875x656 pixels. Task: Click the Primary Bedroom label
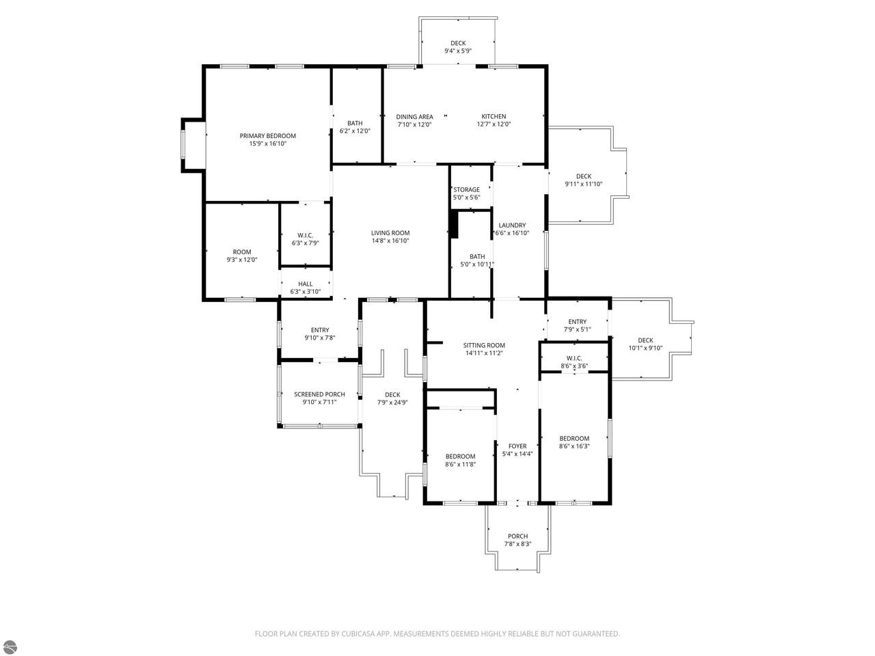[x=267, y=136]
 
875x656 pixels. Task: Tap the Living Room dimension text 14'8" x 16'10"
[x=390, y=241]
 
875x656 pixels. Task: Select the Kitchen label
[x=494, y=116]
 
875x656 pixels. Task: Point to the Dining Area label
[x=414, y=117]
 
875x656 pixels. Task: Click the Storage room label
[x=466, y=189]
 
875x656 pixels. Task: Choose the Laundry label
[x=512, y=225]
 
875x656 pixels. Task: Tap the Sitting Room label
[x=484, y=345]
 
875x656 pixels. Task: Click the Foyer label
[x=517, y=446]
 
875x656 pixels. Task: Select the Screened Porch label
[x=319, y=394]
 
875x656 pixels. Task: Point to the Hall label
[x=306, y=284]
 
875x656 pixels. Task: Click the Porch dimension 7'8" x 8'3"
[x=518, y=544]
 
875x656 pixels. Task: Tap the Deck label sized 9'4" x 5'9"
[x=458, y=43]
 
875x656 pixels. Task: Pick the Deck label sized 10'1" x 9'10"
[x=645, y=340]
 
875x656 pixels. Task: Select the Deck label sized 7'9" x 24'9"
[x=392, y=395]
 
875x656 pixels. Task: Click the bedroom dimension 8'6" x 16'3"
[x=574, y=446]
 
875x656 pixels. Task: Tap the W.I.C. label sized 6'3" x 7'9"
[x=305, y=235]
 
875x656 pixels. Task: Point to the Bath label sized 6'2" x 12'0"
[x=355, y=124]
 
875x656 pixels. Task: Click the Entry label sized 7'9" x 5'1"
[x=577, y=321]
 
